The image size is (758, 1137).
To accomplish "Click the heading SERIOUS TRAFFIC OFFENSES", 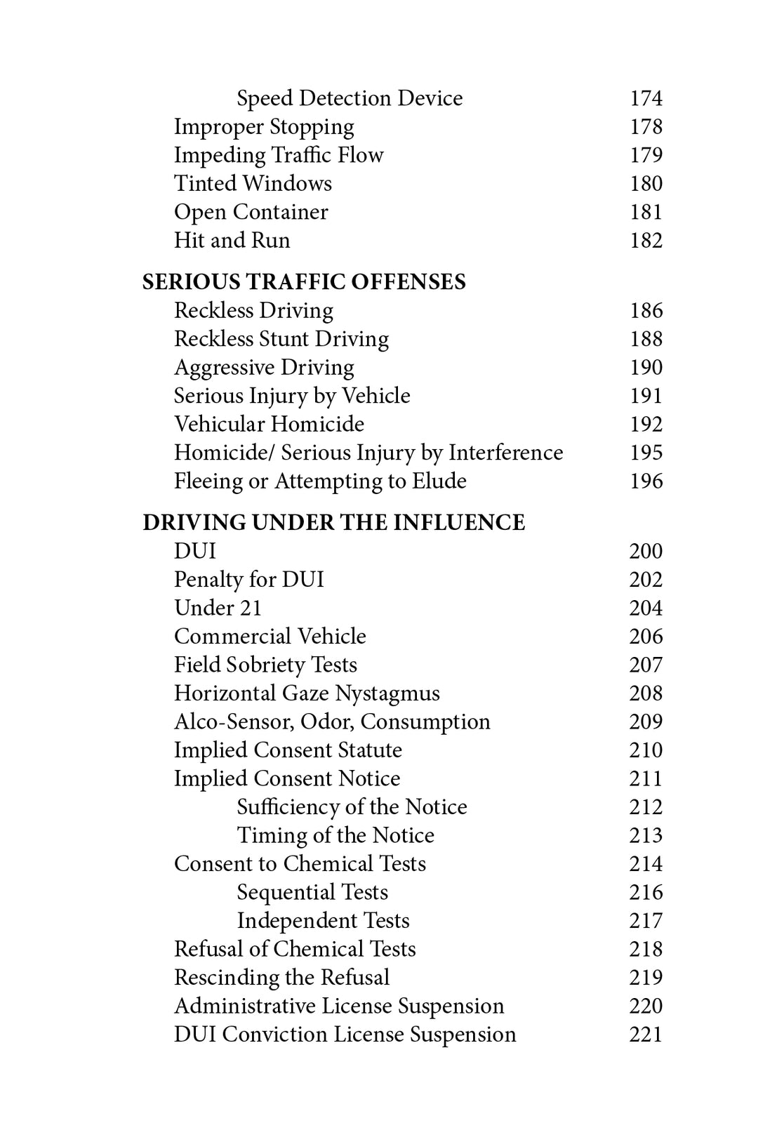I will click(304, 282).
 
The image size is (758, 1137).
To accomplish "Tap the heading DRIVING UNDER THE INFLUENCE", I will click(333, 523).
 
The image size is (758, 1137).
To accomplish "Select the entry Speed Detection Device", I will click(350, 98).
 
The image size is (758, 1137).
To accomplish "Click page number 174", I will click(646, 98).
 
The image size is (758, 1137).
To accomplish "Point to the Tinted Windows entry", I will click(253, 184).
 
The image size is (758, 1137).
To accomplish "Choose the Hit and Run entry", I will click(232, 241).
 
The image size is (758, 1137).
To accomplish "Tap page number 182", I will click(646, 241).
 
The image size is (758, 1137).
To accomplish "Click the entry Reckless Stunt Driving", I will click(281, 339).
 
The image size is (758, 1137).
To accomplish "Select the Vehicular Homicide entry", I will click(269, 425).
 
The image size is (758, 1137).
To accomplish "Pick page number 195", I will click(646, 453).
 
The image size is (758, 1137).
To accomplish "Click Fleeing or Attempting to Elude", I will click(320, 481).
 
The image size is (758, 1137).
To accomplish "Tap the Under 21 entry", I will click(218, 608).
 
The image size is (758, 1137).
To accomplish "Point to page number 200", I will click(646, 551).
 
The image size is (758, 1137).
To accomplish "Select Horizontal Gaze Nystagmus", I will click(307, 693).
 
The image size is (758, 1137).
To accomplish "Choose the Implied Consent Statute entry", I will click(288, 750).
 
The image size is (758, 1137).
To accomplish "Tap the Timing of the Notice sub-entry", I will click(335, 836).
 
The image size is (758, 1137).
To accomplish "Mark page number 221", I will click(646, 1035).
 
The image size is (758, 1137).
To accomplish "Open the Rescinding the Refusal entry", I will click(281, 978).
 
